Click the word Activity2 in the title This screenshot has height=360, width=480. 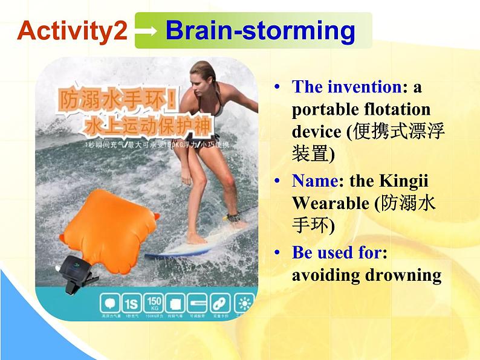coord(72,30)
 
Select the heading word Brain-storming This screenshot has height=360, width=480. coord(260,30)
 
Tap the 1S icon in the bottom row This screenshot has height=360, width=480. coord(130,301)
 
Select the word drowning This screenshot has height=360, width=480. coord(403,275)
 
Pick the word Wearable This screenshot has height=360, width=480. coord(330,204)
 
